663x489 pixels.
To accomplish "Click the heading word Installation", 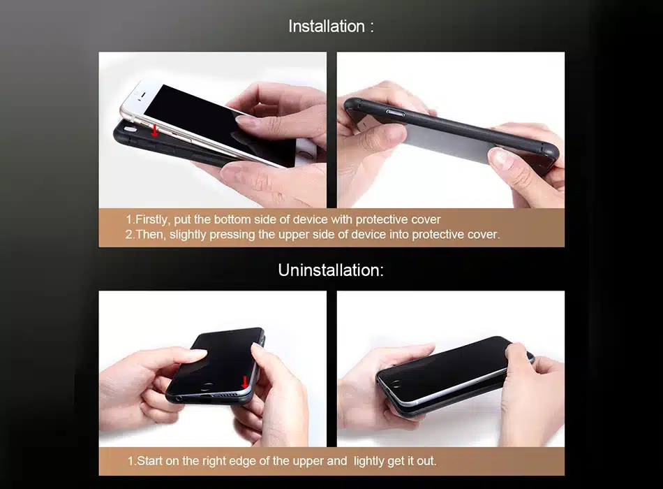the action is (327, 27).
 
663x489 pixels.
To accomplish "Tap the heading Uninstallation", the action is (331, 270).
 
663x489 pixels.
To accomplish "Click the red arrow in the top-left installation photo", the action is (155, 130).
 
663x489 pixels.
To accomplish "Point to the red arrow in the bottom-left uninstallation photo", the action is (244, 382).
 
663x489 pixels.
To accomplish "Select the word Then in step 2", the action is (150, 234).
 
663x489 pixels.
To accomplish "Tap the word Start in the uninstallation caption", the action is (149, 460).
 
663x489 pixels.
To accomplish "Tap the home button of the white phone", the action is (305, 152).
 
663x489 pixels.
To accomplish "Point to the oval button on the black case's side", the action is (395, 112).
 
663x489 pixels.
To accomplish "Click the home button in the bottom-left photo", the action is (207, 386).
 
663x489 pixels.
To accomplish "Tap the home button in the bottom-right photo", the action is (396, 384).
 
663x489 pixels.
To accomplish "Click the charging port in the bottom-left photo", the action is (207, 397).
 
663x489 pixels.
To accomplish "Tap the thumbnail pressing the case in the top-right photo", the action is (499, 157).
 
